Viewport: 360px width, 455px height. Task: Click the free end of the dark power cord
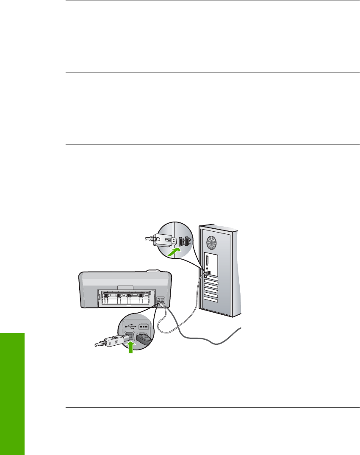[241, 329]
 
